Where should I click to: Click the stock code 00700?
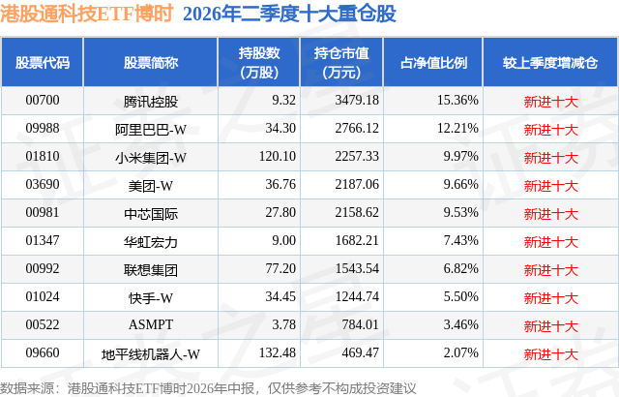(x=43, y=100)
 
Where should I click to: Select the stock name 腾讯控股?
(x=151, y=102)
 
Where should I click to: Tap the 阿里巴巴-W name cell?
(x=151, y=129)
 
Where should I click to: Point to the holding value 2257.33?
(x=357, y=156)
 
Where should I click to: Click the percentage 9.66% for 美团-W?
(x=460, y=184)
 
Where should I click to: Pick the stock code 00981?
(x=43, y=212)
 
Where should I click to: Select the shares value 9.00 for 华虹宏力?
(x=283, y=240)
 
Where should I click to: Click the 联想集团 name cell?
(x=151, y=270)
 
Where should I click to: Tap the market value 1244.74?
(x=357, y=296)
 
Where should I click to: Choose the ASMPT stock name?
(x=151, y=324)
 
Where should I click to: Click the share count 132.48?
(x=278, y=352)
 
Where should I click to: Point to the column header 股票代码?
(x=43, y=62)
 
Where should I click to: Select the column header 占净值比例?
(x=433, y=62)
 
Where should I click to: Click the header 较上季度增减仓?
(x=550, y=62)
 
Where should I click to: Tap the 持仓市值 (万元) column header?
(x=341, y=62)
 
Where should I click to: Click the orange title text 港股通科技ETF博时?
(x=87, y=14)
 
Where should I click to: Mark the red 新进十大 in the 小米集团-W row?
(x=550, y=158)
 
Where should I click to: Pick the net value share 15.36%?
(x=457, y=100)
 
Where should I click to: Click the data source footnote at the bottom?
(x=208, y=388)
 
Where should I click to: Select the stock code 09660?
(x=43, y=352)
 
